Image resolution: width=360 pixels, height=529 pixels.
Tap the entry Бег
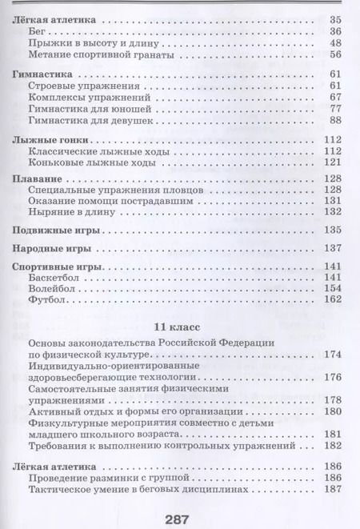(x=37, y=30)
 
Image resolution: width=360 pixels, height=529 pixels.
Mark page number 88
(x=335, y=121)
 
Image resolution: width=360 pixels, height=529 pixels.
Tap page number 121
(x=333, y=163)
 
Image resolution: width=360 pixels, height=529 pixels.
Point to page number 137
(x=333, y=248)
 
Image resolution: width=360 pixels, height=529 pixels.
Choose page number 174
(x=333, y=353)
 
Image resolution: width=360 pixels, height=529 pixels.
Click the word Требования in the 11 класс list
(x=58, y=444)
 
